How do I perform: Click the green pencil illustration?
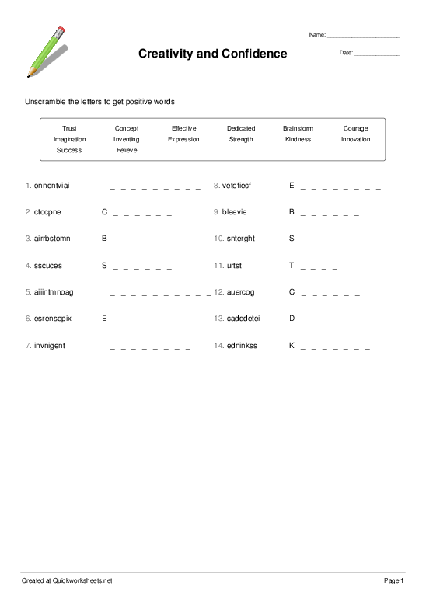coord(46,52)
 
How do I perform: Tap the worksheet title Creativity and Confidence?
coord(212,54)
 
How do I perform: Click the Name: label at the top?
coord(317,35)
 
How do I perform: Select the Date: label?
coord(346,53)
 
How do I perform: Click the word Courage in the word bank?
coord(355,128)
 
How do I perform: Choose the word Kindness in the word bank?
coord(298,139)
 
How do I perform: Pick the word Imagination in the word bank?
coord(69,139)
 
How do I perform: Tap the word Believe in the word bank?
coord(127,150)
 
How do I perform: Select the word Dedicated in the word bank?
coord(240,128)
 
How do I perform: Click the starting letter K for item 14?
coord(292,344)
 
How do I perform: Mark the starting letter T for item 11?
coord(292,265)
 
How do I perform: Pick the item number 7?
coord(28,344)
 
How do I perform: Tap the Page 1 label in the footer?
coord(393,580)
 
